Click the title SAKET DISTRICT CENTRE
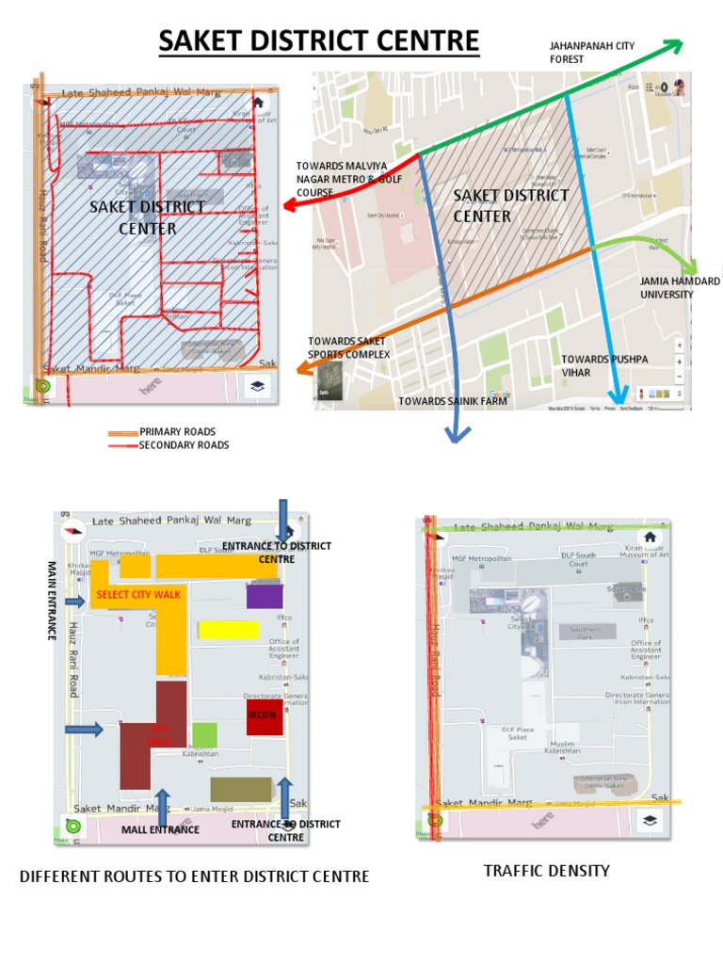point(319,42)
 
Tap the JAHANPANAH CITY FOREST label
point(579,52)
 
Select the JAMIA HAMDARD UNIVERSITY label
point(680,288)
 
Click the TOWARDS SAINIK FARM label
point(452,402)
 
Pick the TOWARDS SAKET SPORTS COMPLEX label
point(348,347)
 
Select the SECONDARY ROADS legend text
point(185,445)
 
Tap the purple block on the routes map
point(265,596)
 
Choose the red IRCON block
point(265,716)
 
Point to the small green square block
point(204,735)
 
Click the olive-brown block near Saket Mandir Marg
point(241,790)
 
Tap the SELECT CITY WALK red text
point(137,595)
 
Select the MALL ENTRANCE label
point(160,830)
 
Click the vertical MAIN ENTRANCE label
point(53,601)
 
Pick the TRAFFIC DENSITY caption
point(546,871)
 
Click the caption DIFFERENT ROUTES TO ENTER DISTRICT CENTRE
point(194,877)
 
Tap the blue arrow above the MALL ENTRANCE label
point(162,806)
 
